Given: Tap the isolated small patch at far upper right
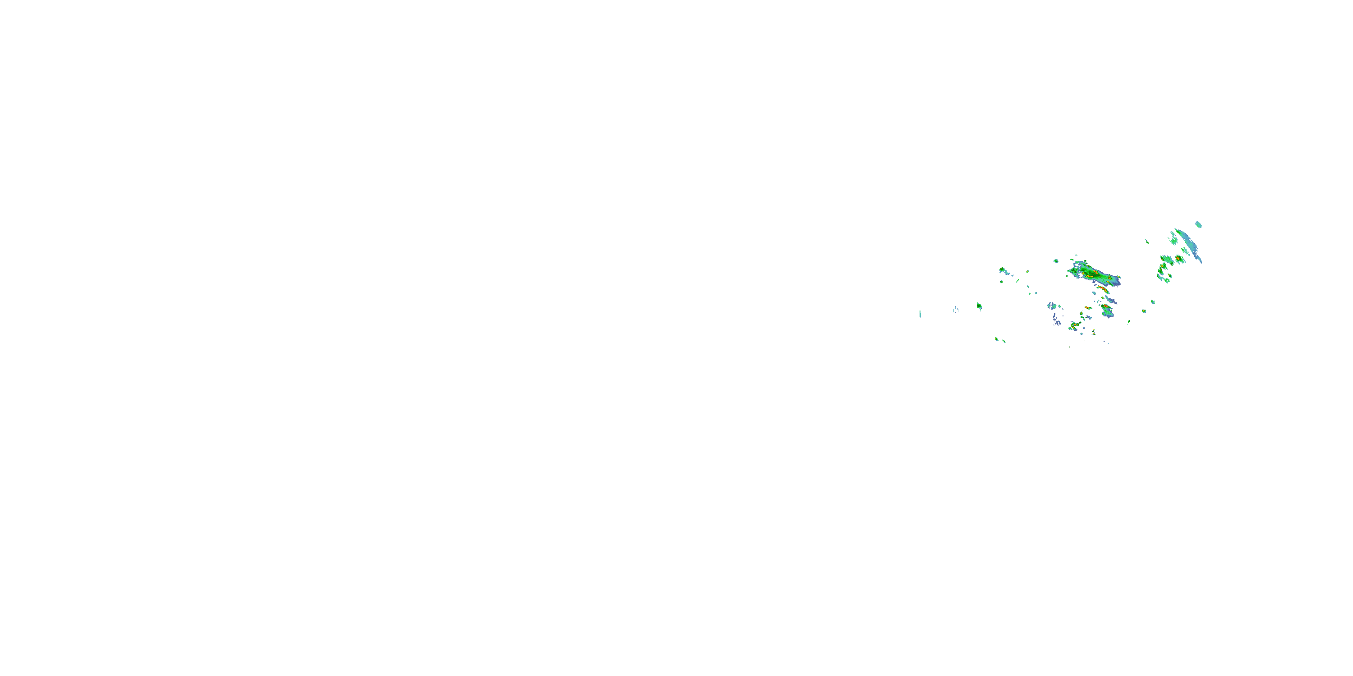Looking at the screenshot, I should pyautogui.click(x=1199, y=224).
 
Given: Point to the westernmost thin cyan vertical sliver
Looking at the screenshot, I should pyautogui.click(x=920, y=314).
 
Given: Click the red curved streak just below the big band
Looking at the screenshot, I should pyautogui.click(x=1103, y=289).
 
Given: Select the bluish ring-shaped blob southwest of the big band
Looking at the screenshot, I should pyautogui.click(x=1053, y=306).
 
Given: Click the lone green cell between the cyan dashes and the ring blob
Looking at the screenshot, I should pyautogui.click(x=979, y=306).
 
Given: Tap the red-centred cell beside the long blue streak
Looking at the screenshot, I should pyautogui.click(x=1178, y=259).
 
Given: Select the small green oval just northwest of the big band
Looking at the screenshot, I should pyautogui.click(x=1056, y=261).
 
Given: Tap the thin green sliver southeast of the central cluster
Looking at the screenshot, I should pyautogui.click(x=1128, y=322).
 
